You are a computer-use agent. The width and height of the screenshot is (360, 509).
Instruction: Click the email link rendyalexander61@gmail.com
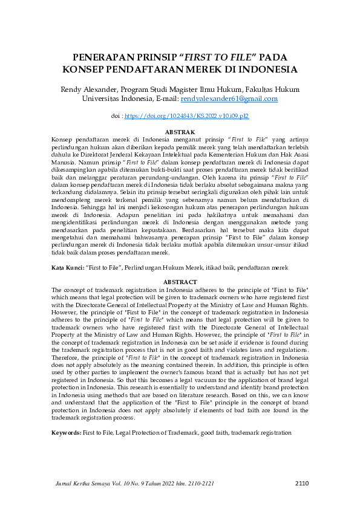[x=229, y=98]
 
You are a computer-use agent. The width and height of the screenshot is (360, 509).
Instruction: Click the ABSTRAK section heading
[x=180, y=132]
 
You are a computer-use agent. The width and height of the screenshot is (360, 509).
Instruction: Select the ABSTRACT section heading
[x=180, y=282]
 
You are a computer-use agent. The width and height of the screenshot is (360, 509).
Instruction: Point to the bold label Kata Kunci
[x=66, y=267]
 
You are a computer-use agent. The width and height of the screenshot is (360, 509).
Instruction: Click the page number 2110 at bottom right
[x=302, y=482]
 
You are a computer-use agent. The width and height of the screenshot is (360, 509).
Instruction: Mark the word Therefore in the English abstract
[x=67, y=358]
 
